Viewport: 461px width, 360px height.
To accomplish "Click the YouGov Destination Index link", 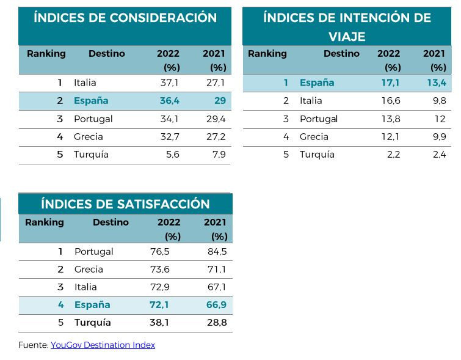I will [103, 345].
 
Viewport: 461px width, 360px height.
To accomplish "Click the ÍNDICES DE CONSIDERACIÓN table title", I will [125, 18].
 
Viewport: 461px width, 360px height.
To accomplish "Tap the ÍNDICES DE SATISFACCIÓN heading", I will [125, 204].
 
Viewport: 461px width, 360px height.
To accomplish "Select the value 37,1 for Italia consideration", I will [169, 83].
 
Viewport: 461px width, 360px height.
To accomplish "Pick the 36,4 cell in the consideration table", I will [169, 100].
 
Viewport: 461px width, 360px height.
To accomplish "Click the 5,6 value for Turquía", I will [172, 154].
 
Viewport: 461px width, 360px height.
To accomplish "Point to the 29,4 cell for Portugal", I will [216, 119].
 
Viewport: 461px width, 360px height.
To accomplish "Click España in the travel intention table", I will [317, 83].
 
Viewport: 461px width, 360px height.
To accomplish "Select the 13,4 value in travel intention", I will [437, 83].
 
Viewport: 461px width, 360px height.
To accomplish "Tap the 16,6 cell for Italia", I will [391, 100].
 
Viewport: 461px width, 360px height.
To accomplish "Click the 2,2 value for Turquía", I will [393, 154].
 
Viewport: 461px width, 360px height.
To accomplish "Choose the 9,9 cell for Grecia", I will [439, 136].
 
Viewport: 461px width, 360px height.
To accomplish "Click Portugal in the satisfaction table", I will [93, 251].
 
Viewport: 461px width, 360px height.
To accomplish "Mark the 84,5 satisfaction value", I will [217, 251].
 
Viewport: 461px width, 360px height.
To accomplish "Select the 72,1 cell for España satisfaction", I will [160, 304].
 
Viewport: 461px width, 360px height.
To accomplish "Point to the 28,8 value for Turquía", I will [217, 322].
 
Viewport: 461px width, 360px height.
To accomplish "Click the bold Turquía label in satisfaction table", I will [92, 322].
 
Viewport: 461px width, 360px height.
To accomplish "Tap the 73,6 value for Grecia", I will [160, 269].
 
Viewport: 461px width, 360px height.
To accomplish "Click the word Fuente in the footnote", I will [32, 345].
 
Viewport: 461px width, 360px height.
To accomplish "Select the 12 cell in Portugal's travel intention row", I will [440, 119].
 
